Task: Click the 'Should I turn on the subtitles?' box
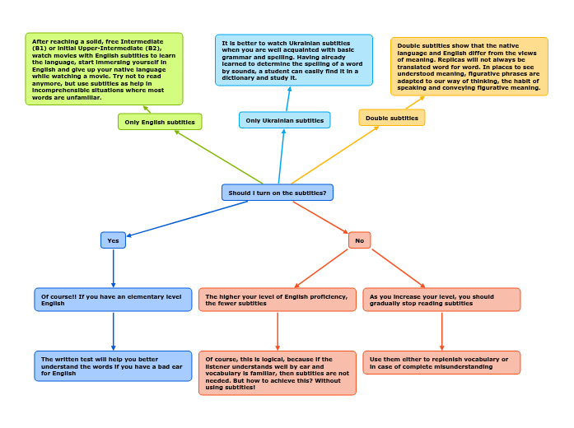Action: [x=277, y=193]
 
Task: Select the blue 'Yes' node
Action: [x=113, y=240]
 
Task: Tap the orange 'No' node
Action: [x=359, y=240]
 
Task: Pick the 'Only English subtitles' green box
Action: [x=160, y=122]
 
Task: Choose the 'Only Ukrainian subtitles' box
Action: [x=284, y=120]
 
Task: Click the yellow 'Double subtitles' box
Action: [x=391, y=118]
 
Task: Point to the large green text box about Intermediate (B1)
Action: [x=104, y=69]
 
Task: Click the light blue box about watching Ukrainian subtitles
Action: [x=293, y=60]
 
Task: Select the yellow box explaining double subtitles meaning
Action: [x=469, y=66]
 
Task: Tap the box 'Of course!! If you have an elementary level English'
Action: [x=113, y=300]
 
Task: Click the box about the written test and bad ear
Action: [x=113, y=366]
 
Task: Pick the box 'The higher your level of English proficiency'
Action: [x=277, y=300]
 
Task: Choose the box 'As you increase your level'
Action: [x=441, y=300]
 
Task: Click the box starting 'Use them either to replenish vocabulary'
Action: [x=441, y=363]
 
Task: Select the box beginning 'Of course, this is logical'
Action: [x=277, y=373]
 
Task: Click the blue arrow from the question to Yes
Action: [x=188, y=218]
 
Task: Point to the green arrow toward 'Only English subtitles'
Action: [x=219, y=157]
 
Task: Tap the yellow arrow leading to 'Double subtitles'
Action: [x=334, y=155]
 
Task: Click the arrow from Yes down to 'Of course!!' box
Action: [x=113, y=267]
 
